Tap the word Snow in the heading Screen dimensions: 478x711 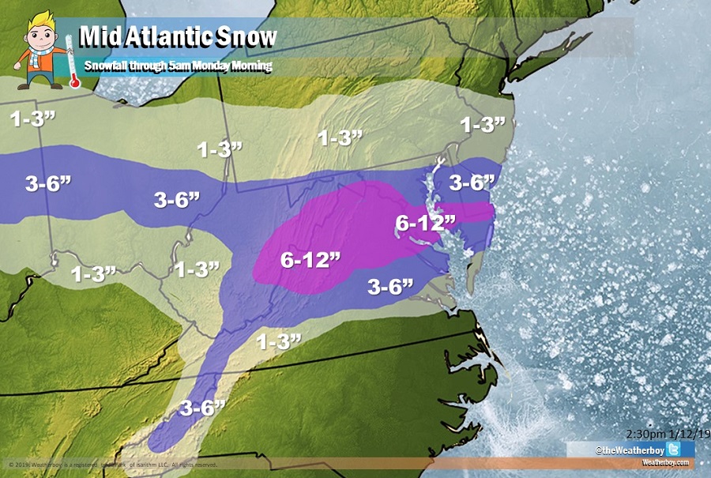pyautogui.click(x=250, y=37)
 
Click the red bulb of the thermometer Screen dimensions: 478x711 pyautogui.click(x=73, y=81)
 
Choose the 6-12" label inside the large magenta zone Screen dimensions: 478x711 pyautogui.click(x=310, y=258)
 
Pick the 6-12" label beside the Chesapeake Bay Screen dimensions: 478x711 pyautogui.click(x=426, y=224)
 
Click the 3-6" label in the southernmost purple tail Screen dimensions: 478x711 pyautogui.click(x=202, y=408)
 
